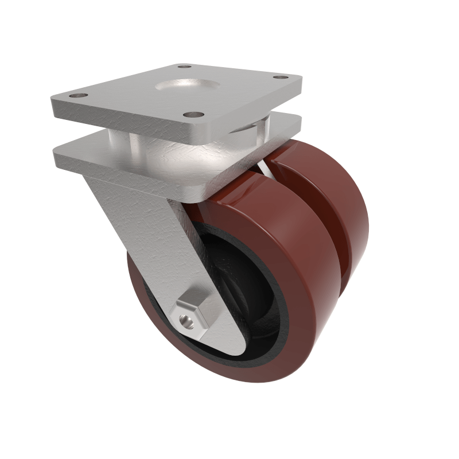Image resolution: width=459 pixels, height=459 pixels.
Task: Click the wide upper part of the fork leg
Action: [x=138, y=218]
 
